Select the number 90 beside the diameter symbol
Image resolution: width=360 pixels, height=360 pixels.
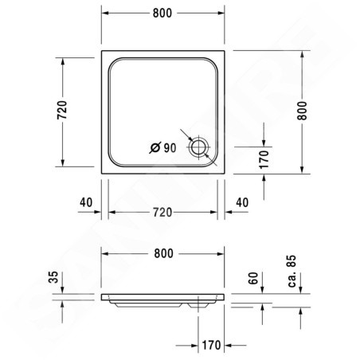(x=170, y=148)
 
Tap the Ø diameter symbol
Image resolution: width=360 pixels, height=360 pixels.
(x=155, y=147)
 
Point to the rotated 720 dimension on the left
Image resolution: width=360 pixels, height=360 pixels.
(x=62, y=110)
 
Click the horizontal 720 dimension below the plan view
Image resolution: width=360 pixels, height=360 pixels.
(x=162, y=213)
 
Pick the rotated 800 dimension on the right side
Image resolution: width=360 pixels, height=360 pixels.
(x=302, y=111)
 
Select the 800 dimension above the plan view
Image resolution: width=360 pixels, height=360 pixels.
(x=162, y=13)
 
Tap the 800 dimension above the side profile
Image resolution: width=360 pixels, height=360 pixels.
(x=164, y=253)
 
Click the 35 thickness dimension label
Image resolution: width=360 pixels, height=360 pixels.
(x=53, y=277)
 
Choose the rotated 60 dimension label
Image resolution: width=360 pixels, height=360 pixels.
(x=253, y=278)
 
